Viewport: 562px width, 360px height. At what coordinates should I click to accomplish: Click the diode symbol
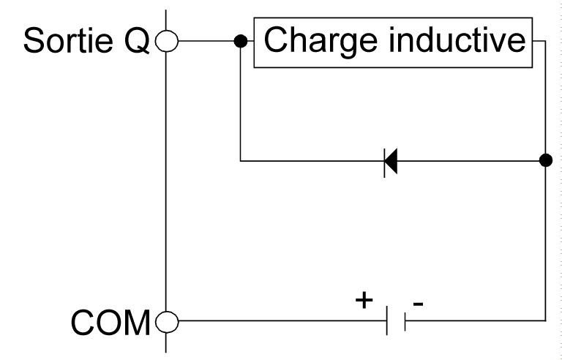[x=390, y=160]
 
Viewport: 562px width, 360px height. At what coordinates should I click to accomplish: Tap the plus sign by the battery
[x=364, y=301]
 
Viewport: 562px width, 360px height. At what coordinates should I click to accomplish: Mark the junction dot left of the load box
[x=239, y=42]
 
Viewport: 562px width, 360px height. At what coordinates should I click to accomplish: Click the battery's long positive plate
[x=387, y=320]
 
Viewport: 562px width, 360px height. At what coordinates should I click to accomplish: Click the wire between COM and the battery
[x=278, y=320]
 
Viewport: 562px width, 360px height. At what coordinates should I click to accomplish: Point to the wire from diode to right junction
[x=468, y=160]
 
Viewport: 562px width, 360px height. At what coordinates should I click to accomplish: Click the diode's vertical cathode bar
[x=385, y=160]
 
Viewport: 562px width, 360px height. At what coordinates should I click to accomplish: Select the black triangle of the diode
[x=391, y=160]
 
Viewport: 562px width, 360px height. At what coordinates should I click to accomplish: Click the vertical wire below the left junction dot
[x=239, y=102]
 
